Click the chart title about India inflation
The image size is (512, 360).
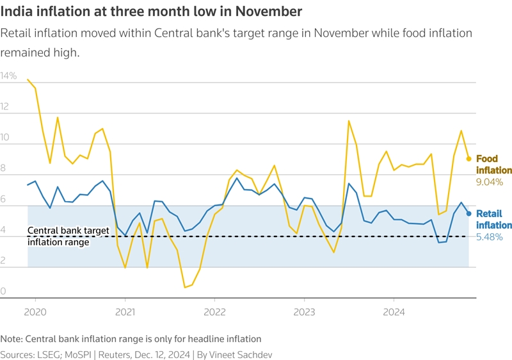pyautogui.click(x=152, y=12)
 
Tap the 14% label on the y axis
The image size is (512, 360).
pyautogui.click(x=9, y=76)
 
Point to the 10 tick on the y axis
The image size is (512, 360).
pyautogui.click(x=6, y=138)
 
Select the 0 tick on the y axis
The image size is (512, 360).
pyautogui.click(x=3, y=292)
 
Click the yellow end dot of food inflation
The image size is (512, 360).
pyautogui.click(x=468, y=158)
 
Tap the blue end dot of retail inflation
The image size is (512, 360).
pyautogui.click(x=468, y=213)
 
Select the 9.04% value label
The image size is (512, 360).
pyautogui.click(x=489, y=182)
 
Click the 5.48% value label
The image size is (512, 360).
pyautogui.click(x=490, y=236)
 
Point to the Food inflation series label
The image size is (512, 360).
pyautogui.click(x=494, y=165)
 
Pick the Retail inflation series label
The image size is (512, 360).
pyautogui.click(x=494, y=219)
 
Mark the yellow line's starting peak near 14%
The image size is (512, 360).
pyautogui.click(x=28, y=79)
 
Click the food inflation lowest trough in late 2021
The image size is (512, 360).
pyautogui.click(x=185, y=287)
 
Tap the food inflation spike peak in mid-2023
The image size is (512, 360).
pyautogui.click(x=349, y=121)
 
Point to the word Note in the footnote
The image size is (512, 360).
pyautogui.click(x=12, y=338)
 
